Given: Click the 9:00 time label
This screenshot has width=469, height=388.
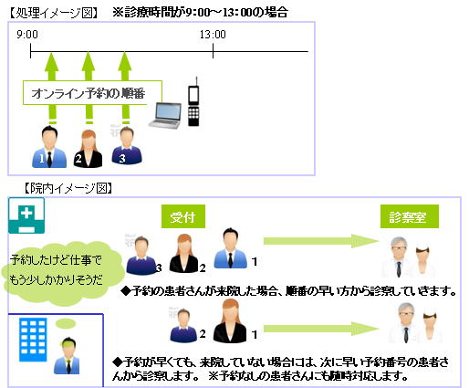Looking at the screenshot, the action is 27,35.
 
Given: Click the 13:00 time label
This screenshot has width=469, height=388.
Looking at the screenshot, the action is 213,35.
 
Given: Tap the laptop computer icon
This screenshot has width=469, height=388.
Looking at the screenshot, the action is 165,116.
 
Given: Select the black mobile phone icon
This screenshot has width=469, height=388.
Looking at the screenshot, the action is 193,101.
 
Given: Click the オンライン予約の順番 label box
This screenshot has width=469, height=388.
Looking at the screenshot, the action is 92,93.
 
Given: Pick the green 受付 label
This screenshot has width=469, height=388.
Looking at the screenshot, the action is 183,216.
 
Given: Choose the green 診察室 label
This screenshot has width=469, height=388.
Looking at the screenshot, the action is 410,216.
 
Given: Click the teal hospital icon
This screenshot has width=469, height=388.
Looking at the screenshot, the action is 26,215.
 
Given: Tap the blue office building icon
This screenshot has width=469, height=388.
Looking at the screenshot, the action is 33,340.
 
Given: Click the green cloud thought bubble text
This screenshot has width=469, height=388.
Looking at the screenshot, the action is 56,270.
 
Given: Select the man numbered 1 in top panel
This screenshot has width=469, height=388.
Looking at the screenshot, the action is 49,147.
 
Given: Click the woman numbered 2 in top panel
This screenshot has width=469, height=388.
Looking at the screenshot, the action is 88,149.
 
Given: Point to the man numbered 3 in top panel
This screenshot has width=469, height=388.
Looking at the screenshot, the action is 127,146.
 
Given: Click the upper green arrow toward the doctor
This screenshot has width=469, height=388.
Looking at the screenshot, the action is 321,241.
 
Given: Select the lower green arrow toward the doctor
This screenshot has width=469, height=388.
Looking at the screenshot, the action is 321,329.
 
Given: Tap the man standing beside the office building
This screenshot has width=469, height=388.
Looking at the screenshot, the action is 68,355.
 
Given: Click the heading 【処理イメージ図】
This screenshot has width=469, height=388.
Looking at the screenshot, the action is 54,13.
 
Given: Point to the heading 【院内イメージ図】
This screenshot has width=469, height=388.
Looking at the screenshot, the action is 68,188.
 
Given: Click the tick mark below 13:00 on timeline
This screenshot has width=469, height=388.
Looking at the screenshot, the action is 213,51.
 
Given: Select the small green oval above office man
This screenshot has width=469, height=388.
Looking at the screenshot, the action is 66,323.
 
